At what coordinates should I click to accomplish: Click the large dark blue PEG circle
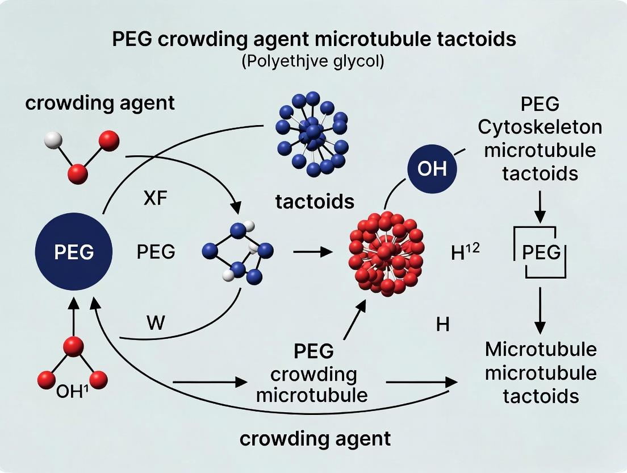[x=74, y=252]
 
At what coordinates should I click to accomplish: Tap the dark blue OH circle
[x=432, y=169]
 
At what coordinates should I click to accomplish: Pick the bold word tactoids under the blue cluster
[x=315, y=201]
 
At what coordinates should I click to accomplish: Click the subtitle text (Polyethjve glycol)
[x=313, y=61]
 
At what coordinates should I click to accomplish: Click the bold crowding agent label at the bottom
[x=315, y=438]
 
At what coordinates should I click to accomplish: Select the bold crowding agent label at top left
[x=99, y=103]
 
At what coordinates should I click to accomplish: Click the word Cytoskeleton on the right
[x=540, y=127]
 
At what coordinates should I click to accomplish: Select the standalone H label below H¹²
[x=442, y=325]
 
